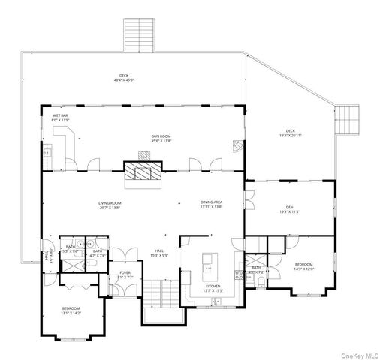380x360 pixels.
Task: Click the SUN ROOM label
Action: (x=161, y=138)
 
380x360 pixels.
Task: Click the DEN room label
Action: (x=289, y=209)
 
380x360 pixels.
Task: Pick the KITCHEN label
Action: (x=214, y=287)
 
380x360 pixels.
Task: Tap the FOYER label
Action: (x=125, y=274)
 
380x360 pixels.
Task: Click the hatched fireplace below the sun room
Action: (x=140, y=173)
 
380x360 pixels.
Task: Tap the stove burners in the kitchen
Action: (x=240, y=274)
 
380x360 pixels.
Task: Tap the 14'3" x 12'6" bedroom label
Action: (x=304, y=266)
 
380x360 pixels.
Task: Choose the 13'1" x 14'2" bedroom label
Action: (x=71, y=310)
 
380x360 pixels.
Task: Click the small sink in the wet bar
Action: (x=45, y=152)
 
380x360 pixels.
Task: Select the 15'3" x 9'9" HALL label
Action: (x=159, y=253)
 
